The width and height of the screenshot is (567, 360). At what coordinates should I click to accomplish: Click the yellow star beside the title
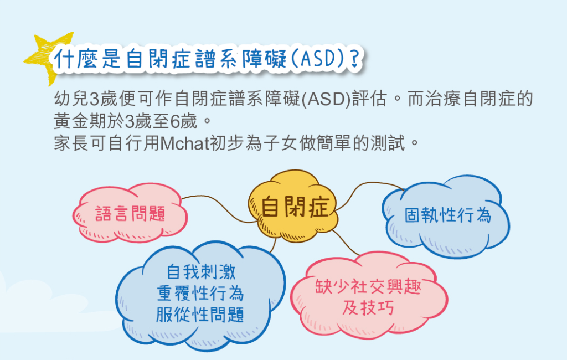pos(43,58)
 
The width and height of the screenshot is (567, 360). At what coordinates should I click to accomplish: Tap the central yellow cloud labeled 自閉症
pos(293,206)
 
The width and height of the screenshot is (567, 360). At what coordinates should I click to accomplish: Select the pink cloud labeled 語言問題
pos(130,213)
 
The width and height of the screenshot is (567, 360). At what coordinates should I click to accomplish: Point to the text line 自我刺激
pos(201,272)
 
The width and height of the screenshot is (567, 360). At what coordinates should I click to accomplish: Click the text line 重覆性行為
pos(200,293)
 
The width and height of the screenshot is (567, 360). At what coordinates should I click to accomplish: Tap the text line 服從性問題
pos(200,314)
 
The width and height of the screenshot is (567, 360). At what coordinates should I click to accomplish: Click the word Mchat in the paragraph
pos(184,143)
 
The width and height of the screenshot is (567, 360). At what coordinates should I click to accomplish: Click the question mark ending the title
pos(356,59)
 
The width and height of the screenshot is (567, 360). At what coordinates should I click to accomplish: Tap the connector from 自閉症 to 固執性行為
pos(362,186)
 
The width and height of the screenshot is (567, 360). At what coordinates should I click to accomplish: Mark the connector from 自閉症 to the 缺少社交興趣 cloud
pos(346,243)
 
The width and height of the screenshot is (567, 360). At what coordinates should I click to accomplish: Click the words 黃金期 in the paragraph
pos(80,121)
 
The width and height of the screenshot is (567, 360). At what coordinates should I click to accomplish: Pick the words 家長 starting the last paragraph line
pos(71,143)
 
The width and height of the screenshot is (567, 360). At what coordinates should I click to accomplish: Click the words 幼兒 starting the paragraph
pos(71,99)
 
